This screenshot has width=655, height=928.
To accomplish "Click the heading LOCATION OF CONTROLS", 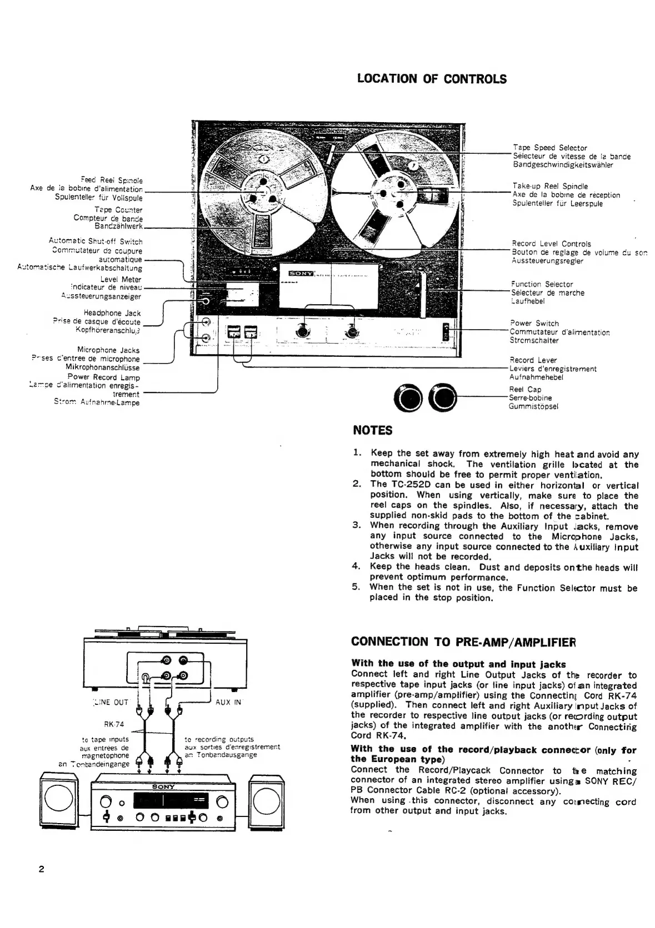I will click(x=432, y=79).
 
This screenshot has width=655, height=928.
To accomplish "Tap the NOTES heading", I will click(x=373, y=430).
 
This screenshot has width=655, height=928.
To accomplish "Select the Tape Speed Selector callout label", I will click(x=549, y=148).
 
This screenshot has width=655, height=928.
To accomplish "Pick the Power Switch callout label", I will click(x=534, y=324).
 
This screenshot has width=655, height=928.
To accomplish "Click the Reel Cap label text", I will click(x=525, y=390).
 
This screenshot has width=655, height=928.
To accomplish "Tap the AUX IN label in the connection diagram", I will click(x=228, y=702).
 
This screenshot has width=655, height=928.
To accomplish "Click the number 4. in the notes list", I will click(x=357, y=567).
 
